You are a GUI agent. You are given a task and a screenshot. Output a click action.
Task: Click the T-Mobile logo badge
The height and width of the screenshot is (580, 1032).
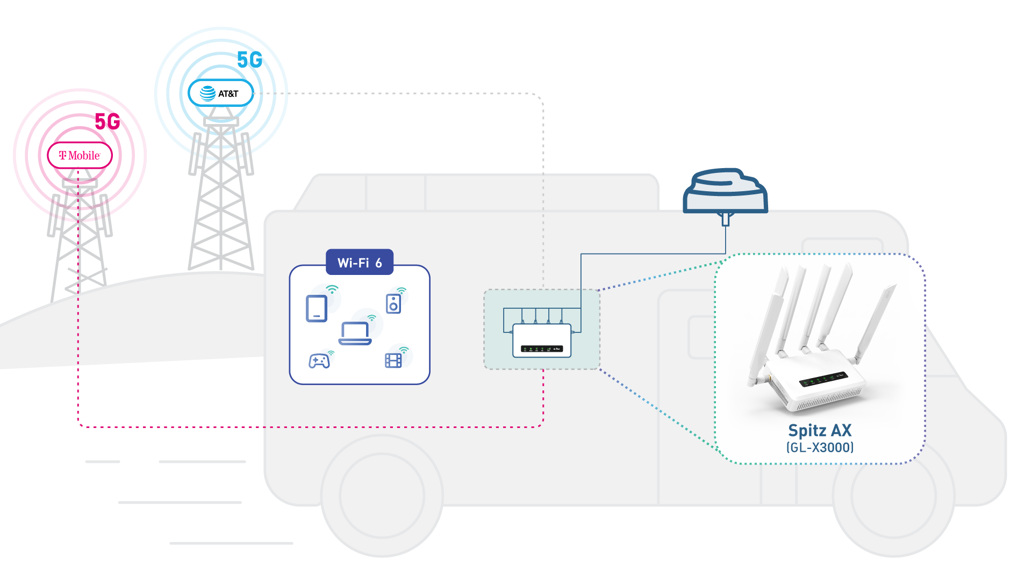[x=80, y=156]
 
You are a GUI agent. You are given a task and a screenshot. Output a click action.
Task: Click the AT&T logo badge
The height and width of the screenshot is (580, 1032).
[x=220, y=93]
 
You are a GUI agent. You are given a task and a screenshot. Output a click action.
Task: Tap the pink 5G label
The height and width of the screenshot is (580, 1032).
[x=107, y=122]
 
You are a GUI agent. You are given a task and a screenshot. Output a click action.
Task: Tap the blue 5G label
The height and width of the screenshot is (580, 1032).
[x=249, y=60]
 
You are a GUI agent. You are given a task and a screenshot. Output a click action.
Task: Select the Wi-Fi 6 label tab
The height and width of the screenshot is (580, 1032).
[x=360, y=262]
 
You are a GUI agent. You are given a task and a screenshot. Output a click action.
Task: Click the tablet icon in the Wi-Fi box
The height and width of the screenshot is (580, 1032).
[x=317, y=308]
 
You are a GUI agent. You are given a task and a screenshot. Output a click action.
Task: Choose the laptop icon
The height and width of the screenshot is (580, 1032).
[x=355, y=334]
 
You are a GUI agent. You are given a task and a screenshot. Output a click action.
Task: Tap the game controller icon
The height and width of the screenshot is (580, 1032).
[x=319, y=361]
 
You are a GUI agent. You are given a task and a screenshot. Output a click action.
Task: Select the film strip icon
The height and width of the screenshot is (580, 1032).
[x=393, y=360]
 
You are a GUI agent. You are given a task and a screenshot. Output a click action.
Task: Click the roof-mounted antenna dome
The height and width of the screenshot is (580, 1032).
[x=725, y=192]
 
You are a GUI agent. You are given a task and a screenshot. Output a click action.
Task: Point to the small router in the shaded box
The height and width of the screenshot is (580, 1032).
[x=542, y=340]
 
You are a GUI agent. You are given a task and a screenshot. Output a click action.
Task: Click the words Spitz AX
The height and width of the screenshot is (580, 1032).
[x=820, y=431]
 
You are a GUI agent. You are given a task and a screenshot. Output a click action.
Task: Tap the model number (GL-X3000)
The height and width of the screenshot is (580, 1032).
[x=820, y=447]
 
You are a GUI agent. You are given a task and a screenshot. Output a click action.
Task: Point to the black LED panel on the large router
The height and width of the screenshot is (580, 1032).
[x=823, y=379]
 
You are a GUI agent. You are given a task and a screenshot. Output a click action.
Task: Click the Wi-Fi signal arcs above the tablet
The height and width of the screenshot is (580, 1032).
[x=333, y=289]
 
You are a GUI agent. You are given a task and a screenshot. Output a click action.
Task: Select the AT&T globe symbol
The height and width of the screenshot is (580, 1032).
[x=207, y=93]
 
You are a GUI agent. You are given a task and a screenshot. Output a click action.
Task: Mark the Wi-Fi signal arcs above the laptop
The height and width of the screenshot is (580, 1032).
[x=371, y=318]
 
